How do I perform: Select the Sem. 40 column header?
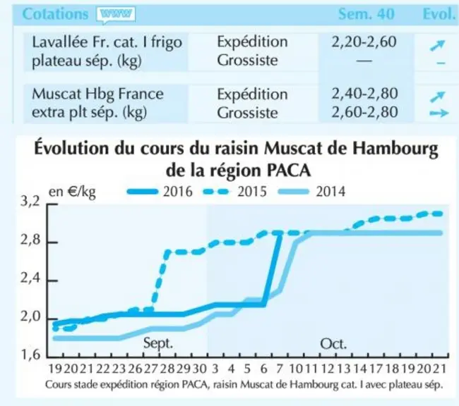point(366,13)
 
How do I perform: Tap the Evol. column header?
point(439,13)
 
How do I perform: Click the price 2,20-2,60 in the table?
point(364,42)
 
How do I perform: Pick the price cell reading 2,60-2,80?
point(364,112)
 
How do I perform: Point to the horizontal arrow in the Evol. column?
point(439,113)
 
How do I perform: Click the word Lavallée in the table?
point(60,42)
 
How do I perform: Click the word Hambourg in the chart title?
point(395,149)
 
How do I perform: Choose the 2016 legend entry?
point(160,192)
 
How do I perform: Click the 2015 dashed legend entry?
point(234,192)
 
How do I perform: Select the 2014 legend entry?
point(311,192)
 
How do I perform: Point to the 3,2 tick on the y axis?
point(30,202)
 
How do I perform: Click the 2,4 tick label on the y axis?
point(30,278)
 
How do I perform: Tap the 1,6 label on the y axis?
point(30,355)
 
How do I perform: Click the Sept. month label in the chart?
point(158,343)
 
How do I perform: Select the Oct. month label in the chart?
point(333,344)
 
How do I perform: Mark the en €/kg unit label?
point(72,192)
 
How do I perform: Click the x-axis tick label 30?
point(199,369)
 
